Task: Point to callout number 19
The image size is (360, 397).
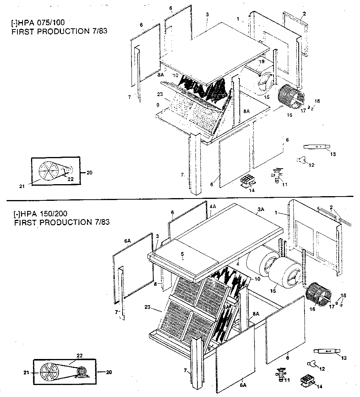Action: (x=261, y=62)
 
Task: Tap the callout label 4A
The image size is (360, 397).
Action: (x=213, y=207)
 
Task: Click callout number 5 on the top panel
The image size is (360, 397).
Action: (x=182, y=254)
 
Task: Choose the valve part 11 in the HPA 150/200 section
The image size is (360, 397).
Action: (x=280, y=374)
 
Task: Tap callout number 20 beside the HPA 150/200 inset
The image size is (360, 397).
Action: (x=109, y=372)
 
